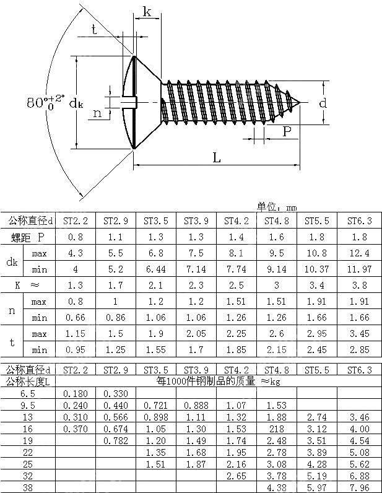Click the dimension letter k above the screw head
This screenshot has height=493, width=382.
(147, 12)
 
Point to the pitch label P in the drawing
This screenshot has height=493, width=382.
(287, 131)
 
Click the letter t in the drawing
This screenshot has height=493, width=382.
(93, 29)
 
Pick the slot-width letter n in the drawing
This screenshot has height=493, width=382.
(97, 113)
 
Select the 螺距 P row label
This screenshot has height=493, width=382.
(28, 237)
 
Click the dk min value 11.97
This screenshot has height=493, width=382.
(359, 269)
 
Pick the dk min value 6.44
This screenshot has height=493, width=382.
(155, 269)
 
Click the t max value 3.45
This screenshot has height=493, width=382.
(359, 334)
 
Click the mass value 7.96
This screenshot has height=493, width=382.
(359, 487)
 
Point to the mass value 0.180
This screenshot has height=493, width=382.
(75, 393)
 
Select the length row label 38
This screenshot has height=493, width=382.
(28, 487)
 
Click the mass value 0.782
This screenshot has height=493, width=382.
(115, 440)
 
